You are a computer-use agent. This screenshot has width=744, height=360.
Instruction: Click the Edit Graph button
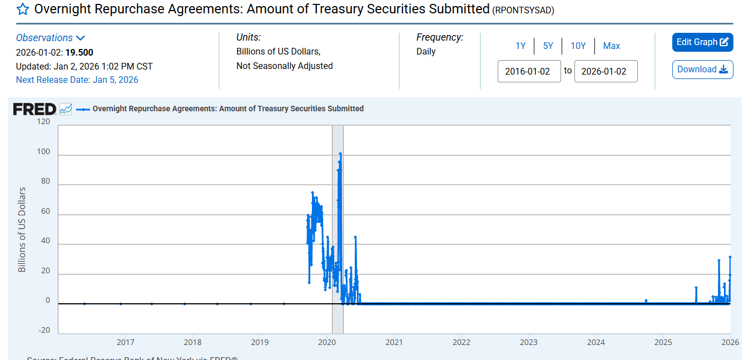point(702,42)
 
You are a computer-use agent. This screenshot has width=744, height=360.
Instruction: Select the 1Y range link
point(520,46)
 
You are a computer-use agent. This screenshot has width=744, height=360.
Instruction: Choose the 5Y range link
point(548,46)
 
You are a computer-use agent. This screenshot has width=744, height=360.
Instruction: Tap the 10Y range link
point(578,46)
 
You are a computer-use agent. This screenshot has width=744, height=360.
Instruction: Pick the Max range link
point(612,46)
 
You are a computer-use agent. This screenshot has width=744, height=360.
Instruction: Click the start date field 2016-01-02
point(529,71)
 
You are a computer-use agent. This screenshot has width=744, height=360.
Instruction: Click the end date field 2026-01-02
point(606,71)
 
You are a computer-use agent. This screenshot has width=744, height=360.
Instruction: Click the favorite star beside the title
point(23,9)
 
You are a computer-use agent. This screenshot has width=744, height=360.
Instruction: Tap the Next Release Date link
point(77,80)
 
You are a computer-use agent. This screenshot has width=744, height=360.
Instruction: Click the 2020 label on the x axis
point(327,342)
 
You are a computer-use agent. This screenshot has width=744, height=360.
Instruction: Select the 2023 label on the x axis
point(528,342)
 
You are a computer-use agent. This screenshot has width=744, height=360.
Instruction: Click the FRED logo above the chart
point(34,109)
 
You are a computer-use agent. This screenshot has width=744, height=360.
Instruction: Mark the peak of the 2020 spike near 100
point(340,154)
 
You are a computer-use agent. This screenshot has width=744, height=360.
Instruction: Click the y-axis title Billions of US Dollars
point(22,230)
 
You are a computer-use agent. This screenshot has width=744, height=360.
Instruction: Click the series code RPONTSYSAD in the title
point(523,11)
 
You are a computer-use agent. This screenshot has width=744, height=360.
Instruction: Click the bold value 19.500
point(79,53)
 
